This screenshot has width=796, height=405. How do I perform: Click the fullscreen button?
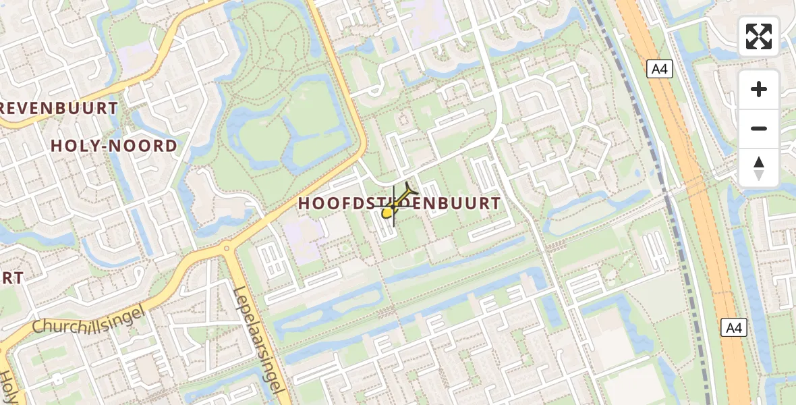click(x=759, y=36)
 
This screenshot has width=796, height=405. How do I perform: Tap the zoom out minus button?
click(x=759, y=128)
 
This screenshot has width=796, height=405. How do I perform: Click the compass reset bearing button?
click(x=759, y=167)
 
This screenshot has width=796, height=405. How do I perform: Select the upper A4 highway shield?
click(x=660, y=69)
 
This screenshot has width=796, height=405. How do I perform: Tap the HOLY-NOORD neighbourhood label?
click(x=114, y=146)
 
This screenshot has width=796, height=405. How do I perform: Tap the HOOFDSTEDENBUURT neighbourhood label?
click(x=400, y=203)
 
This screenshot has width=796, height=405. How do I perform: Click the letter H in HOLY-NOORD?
click(x=57, y=146)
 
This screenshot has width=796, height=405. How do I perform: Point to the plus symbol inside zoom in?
click(x=759, y=89)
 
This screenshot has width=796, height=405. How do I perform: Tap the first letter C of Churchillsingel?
click(x=38, y=328)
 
